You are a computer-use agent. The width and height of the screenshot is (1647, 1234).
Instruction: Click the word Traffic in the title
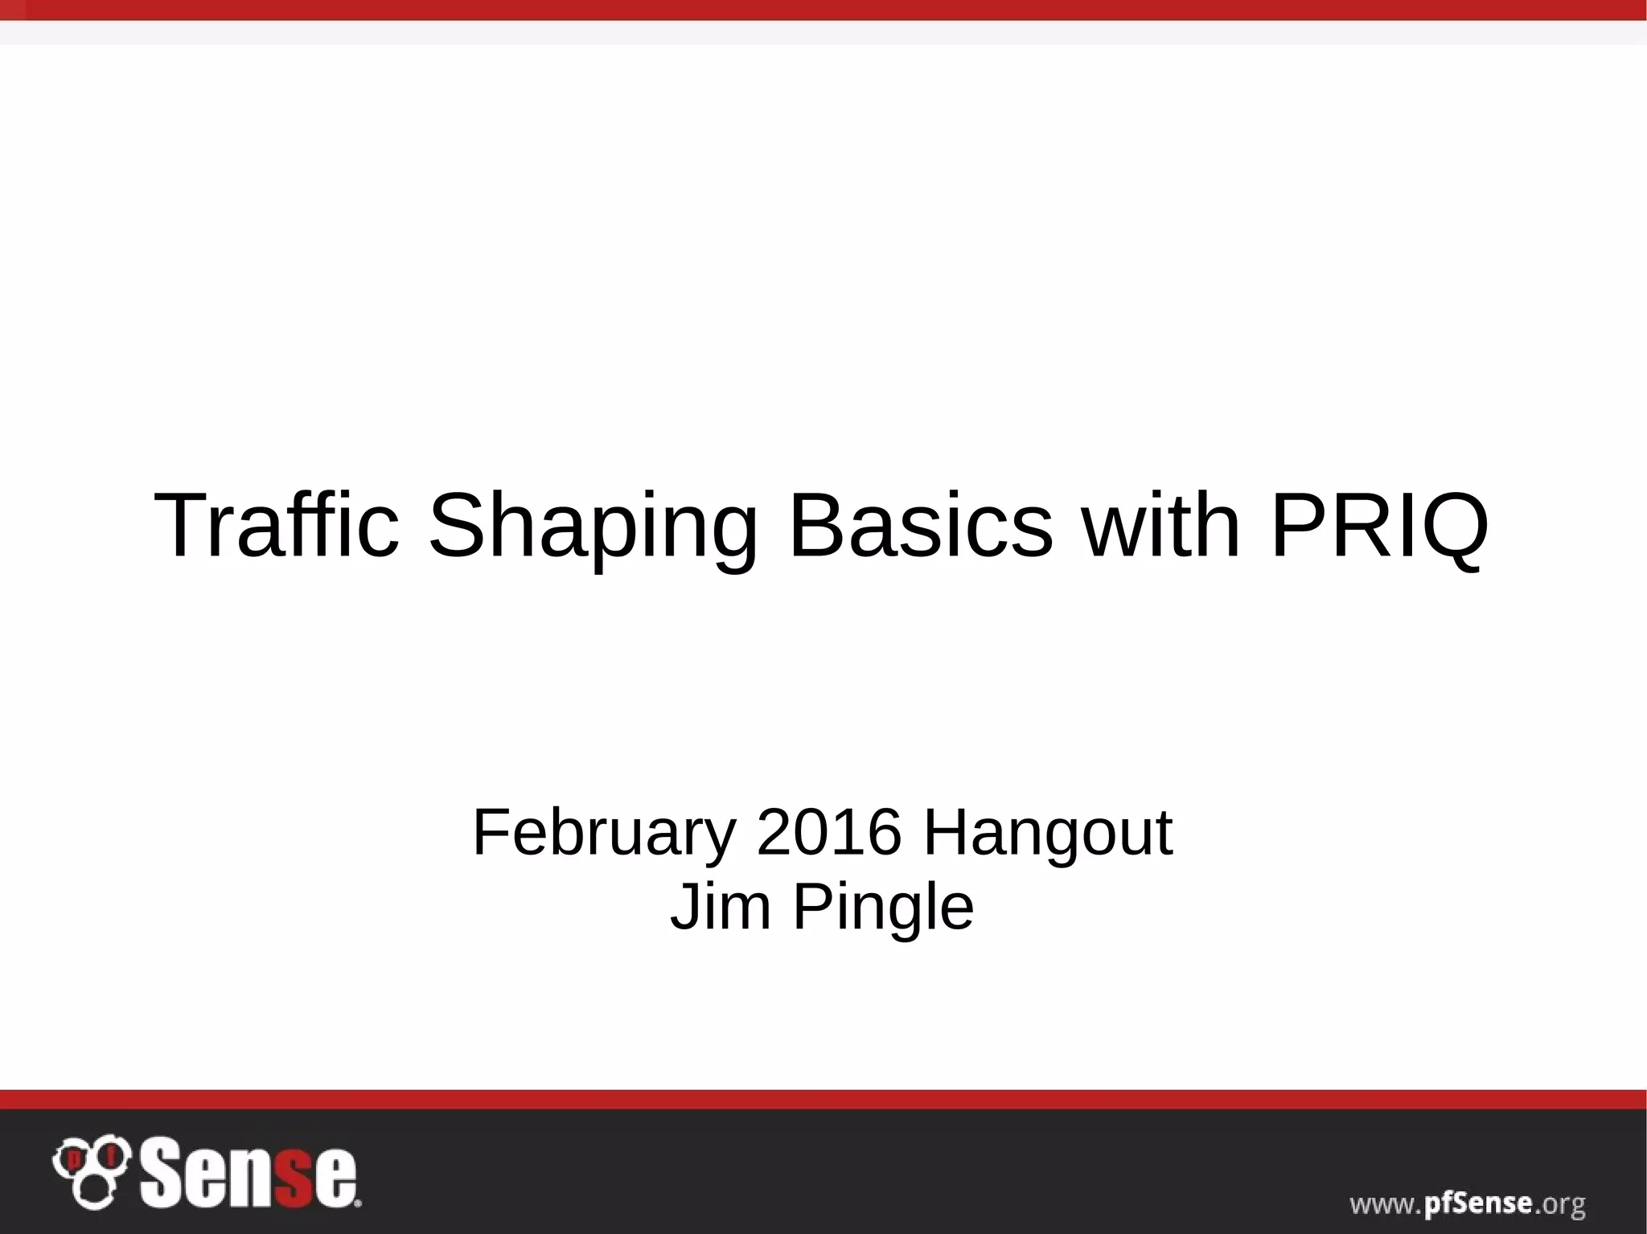[x=276, y=526]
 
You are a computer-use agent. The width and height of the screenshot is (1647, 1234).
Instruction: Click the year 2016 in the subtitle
[x=828, y=833]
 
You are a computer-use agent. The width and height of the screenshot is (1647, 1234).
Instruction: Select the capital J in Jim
[x=685, y=906]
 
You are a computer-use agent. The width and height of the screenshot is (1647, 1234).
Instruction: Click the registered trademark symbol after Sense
[x=358, y=1203]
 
